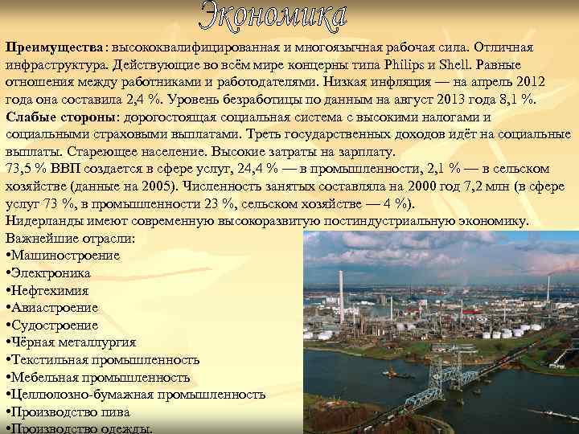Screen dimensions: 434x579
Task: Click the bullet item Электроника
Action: coord(53,273)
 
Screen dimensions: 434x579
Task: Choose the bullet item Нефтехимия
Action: coord(50,291)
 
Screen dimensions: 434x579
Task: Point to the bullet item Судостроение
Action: coord(55,325)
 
